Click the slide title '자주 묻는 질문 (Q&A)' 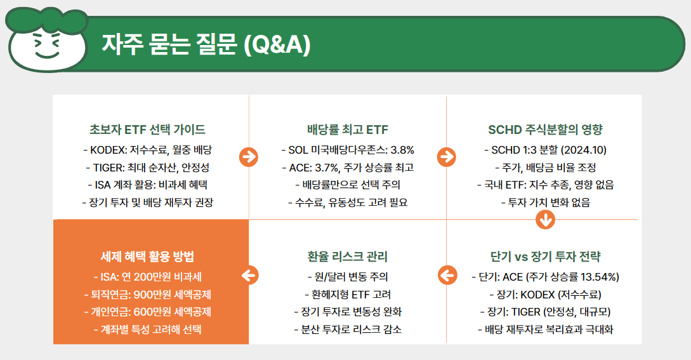(x=206, y=45)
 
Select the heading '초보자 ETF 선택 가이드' (x=147, y=130)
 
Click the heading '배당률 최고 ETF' (x=347, y=130)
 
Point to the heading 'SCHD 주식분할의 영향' (x=545, y=130)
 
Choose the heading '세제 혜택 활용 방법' (x=147, y=257)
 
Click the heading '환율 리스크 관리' (x=347, y=257)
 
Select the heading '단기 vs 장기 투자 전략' (x=545, y=257)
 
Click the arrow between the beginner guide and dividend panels (x=248, y=156)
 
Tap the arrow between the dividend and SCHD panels (x=446, y=156)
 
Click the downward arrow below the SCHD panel (x=546, y=220)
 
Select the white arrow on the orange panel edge (x=249, y=275)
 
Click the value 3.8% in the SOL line (x=401, y=150)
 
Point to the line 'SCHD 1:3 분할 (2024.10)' (x=545, y=150)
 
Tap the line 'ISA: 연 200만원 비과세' (x=147, y=277)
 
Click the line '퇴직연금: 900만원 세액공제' (x=147, y=295)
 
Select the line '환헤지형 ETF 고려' (x=347, y=295)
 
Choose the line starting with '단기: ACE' (x=545, y=277)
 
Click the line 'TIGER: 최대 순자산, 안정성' (x=147, y=168)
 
